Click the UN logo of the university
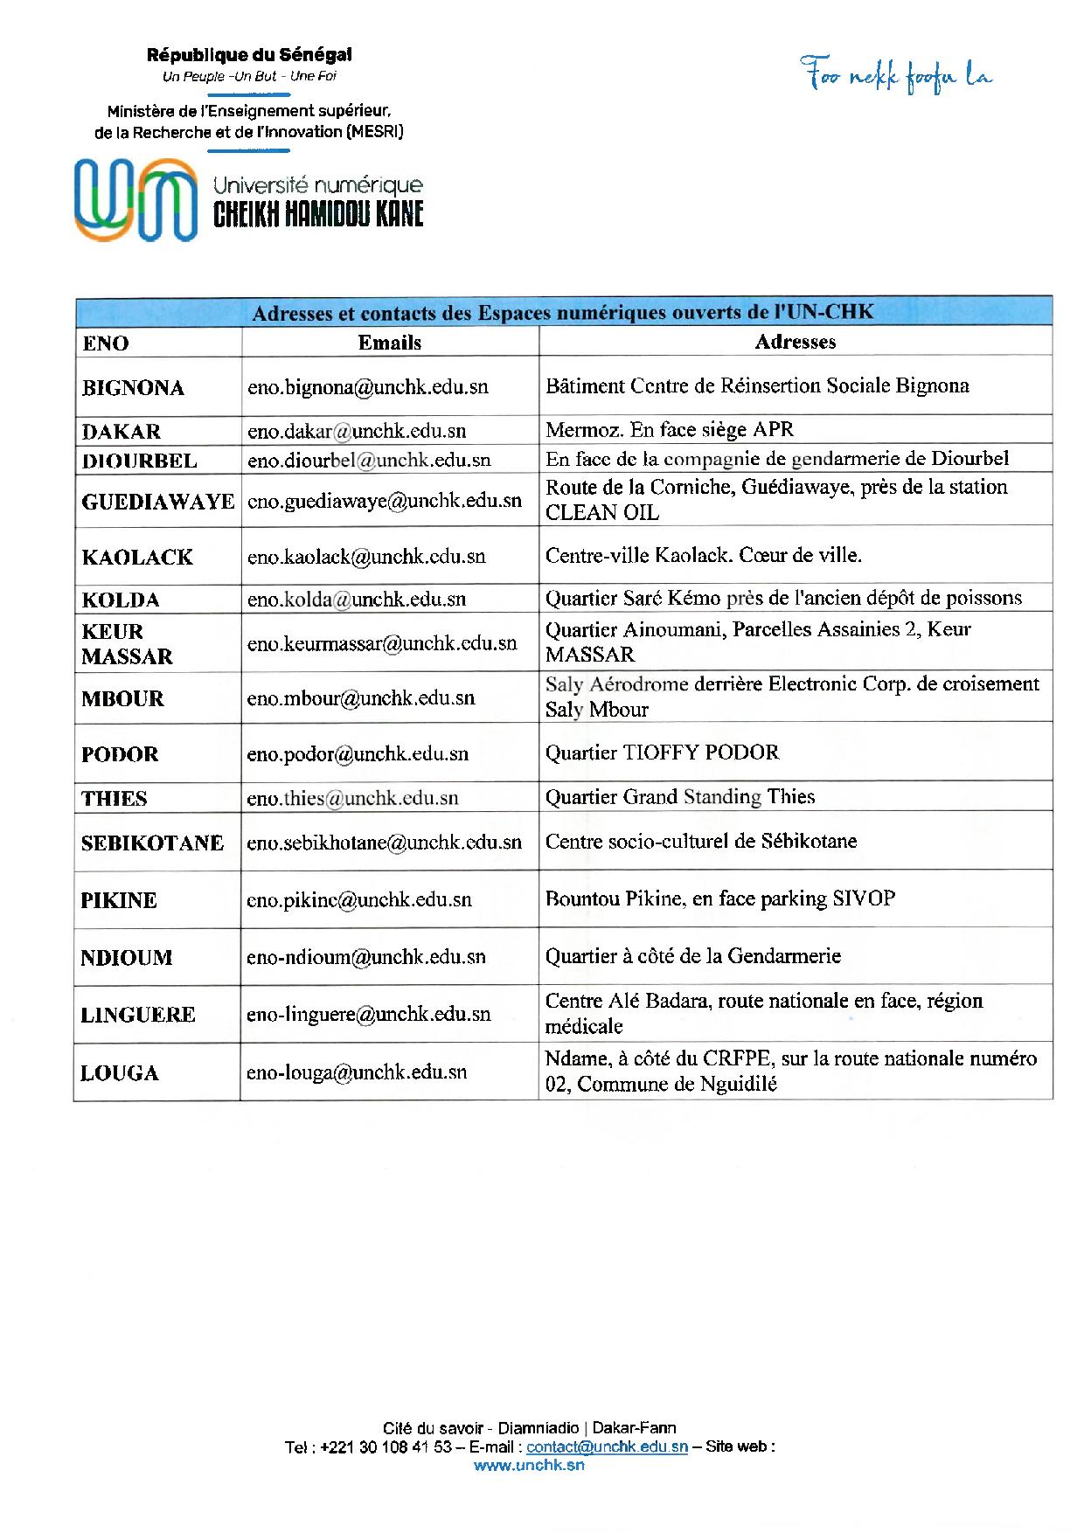[x=135, y=199]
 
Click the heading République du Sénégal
[x=249, y=55]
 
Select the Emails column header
[x=390, y=343]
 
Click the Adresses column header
[x=795, y=342]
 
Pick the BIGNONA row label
[x=133, y=388]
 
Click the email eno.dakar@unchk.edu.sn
[x=357, y=430]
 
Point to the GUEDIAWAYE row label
[x=158, y=502]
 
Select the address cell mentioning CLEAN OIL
[x=776, y=500]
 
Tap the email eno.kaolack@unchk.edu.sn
[x=366, y=557]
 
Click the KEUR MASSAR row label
[x=127, y=643]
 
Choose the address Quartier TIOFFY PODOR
[x=662, y=753]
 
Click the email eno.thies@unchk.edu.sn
[x=352, y=798]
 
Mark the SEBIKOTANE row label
[x=153, y=843]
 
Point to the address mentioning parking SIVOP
[x=719, y=898]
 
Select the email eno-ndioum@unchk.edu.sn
[x=365, y=957]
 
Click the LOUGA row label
[x=120, y=1073]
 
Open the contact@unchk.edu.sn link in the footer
[x=607, y=1446]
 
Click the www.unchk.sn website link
[x=529, y=1466]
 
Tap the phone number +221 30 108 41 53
[x=386, y=1446]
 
